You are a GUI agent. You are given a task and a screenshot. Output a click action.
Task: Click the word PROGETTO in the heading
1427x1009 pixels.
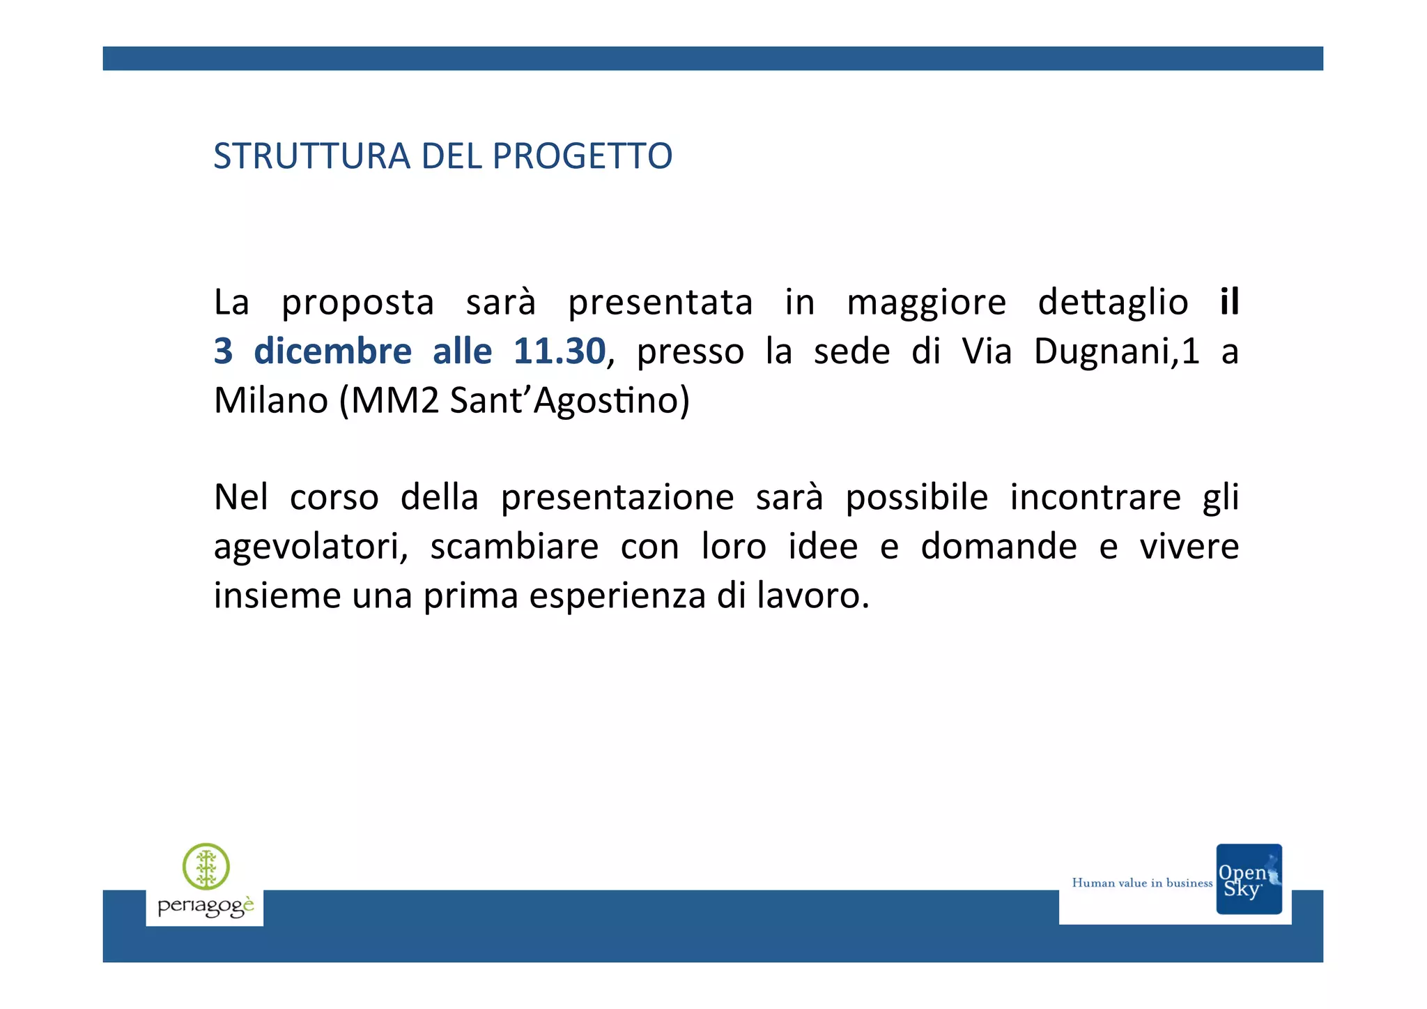[x=582, y=156]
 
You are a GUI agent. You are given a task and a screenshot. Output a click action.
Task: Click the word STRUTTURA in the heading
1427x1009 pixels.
[x=311, y=156]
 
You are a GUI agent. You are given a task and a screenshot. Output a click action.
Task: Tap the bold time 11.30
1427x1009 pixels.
[x=559, y=351]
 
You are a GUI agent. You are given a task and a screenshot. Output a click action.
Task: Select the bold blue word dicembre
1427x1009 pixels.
[x=332, y=351]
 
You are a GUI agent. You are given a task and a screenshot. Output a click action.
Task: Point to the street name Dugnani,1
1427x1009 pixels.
[x=1116, y=351]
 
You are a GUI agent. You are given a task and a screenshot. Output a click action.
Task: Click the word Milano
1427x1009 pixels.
[x=271, y=400]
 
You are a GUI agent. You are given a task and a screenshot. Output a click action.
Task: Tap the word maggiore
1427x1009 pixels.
[x=926, y=303]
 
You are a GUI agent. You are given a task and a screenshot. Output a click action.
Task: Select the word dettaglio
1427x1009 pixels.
[x=1113, y=303]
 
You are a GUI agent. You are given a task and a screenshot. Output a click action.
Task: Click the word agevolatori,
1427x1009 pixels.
[x=311, y=547]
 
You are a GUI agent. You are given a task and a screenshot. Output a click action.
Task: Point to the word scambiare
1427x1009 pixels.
[x=514, y=547]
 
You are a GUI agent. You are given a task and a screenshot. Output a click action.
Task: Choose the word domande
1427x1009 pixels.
[x=998, y=547]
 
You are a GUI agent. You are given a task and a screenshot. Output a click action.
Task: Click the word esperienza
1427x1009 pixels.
[x=617, y=595]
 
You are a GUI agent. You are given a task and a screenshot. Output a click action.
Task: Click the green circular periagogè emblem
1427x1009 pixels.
[x=206, y=867]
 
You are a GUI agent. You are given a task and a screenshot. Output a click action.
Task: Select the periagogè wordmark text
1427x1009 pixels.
[x=206, y=906]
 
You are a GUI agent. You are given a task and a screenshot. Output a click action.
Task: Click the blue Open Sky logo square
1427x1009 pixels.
[x=1249, y=879]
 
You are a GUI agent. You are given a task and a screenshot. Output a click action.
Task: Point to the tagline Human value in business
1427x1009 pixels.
[x=1142, y=883]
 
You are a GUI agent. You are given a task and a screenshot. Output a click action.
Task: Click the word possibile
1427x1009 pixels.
[x=916, y=498]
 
